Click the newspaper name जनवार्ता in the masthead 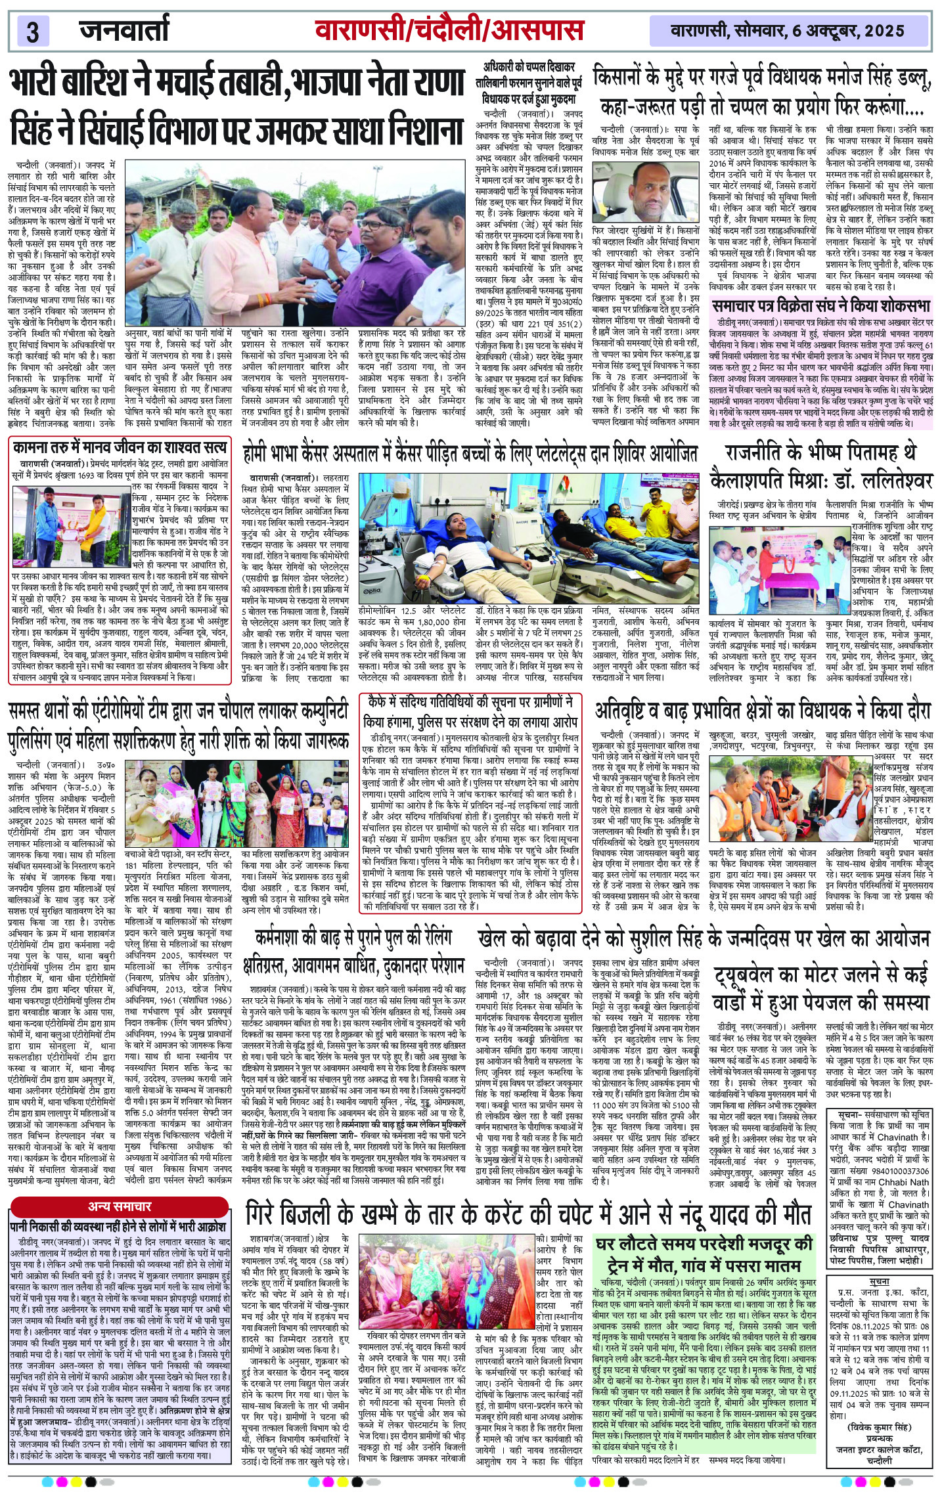pyautogui.click(x=124, y=30)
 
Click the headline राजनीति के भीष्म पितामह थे pyautogui.click(x=828, y=454)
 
